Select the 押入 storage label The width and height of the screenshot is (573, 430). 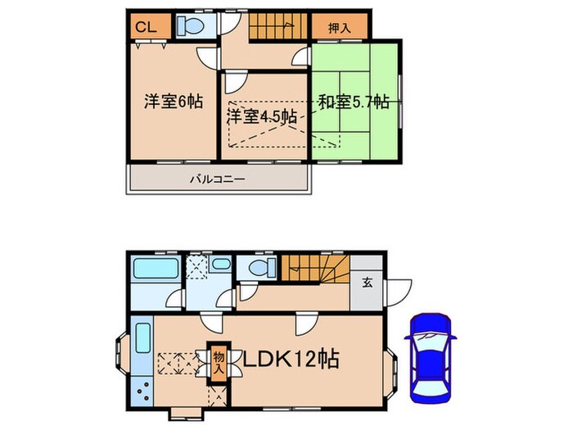338,27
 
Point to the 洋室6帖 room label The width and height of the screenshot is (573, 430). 163,102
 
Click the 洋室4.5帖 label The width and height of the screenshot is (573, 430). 262,116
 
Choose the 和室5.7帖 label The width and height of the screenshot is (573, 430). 353,103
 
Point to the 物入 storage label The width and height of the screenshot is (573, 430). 219,361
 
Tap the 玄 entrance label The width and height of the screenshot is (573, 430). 368,283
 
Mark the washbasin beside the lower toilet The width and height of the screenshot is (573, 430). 222,265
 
